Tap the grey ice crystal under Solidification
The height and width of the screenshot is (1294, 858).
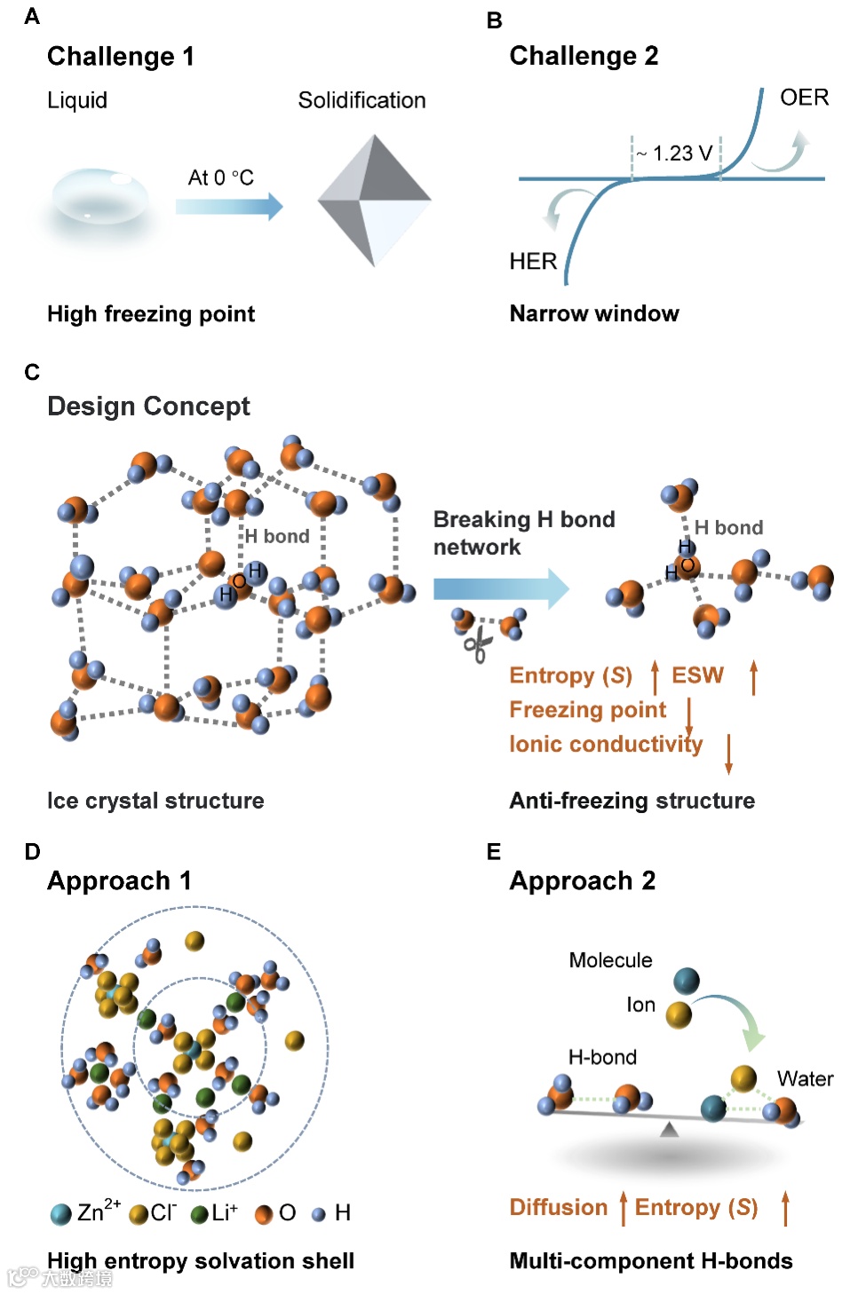click(x=374, y=201)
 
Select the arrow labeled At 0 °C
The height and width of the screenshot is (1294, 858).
click(x=228, y=206)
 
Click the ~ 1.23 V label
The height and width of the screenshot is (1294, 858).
click(x=676, y=154)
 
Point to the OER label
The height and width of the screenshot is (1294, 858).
click(x=804, y=98)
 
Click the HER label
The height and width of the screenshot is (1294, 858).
click(x=533, y=261)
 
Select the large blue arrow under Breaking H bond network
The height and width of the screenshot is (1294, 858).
click(x=500, y=588)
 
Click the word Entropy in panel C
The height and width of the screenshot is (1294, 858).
click(x=552, y=675)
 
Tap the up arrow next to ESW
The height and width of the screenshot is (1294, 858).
click(x=753, y=676)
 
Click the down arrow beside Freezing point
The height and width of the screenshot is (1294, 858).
click(x=689, y=714)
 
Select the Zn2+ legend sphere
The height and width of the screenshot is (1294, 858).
click(x=60, y=1214)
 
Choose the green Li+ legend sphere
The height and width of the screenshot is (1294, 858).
click(x=200, y=1214)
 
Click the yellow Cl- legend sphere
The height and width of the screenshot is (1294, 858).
click(x=139, y=1214)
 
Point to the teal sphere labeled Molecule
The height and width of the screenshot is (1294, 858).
click(x=686, y=981)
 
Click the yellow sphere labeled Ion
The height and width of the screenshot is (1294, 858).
click(x=679, y=1014)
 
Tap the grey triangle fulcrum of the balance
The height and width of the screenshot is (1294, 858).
click(x=669, y=1129)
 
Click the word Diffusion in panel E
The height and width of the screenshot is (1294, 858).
click(x=558, y=1207)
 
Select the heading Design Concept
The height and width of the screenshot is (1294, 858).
click(x=148, y=406)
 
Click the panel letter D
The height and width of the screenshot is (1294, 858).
click(x=33, y=852)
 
